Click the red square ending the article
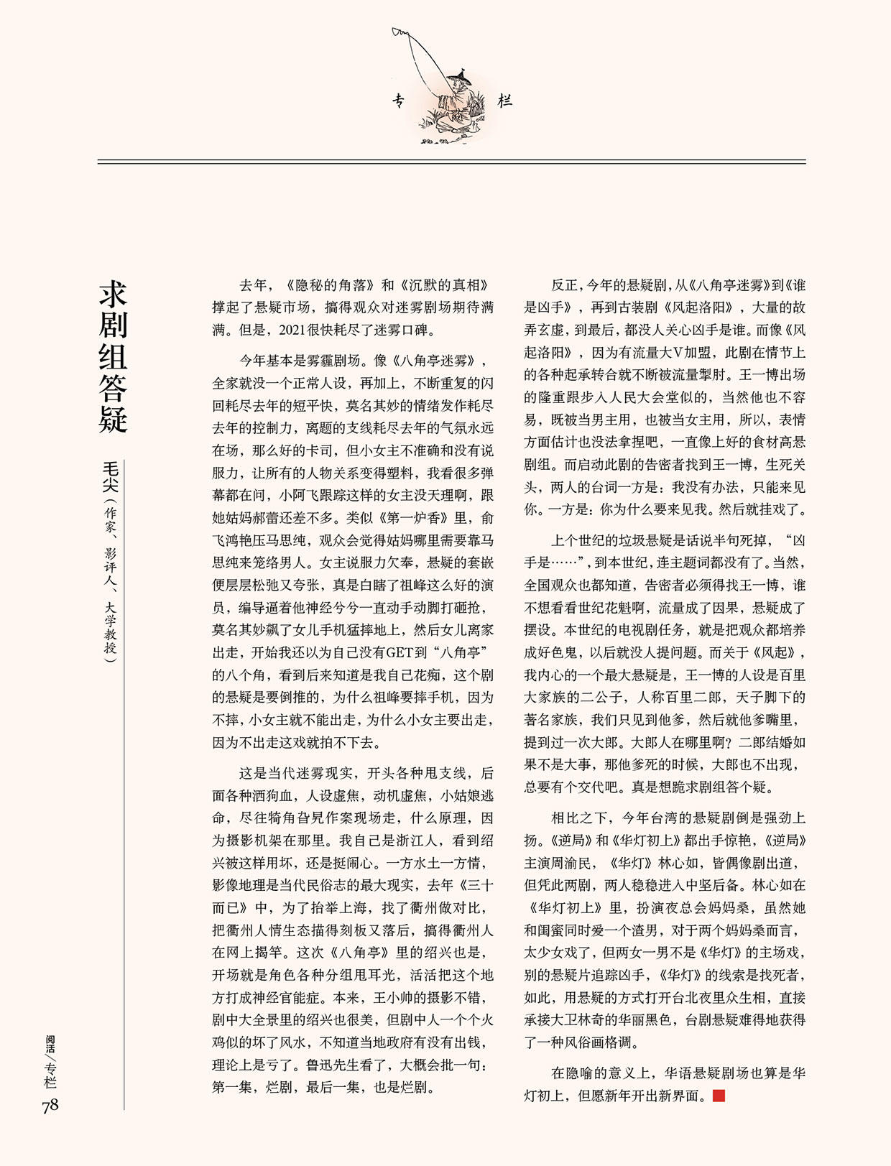(719, 1096)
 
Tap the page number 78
(50, 1106)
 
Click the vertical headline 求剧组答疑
(113, 357)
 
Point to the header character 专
(400, 101)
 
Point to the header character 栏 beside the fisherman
(505, 101)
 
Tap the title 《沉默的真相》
(445, 285)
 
